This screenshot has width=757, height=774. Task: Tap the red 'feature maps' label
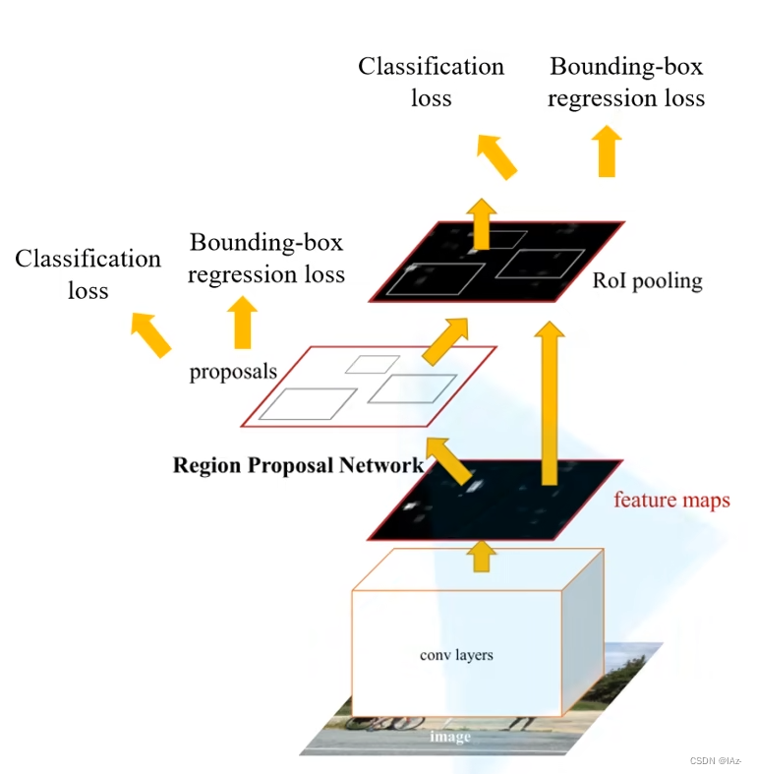point(671,501)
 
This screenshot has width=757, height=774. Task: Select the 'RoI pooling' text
point(647,281)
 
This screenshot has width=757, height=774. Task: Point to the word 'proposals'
point(233,372)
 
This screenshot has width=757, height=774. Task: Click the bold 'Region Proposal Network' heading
point(298,465)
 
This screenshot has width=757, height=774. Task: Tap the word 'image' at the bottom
point(453,737)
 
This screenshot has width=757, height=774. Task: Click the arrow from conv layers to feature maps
point(481,555)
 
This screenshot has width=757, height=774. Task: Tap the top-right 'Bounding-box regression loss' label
point(626,83)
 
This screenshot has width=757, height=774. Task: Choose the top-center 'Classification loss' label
point(431,82)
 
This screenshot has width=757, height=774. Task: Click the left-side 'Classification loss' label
point(87,274)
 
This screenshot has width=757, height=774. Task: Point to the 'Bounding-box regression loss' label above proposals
point(266,258)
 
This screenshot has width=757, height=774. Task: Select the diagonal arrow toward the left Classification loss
point(151,333)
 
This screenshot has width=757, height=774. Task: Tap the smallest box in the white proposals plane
point(372,364)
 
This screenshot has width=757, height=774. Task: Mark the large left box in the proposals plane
point(308,404)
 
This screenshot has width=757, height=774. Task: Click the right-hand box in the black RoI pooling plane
point(533,263)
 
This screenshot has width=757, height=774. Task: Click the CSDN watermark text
point(715,761)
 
